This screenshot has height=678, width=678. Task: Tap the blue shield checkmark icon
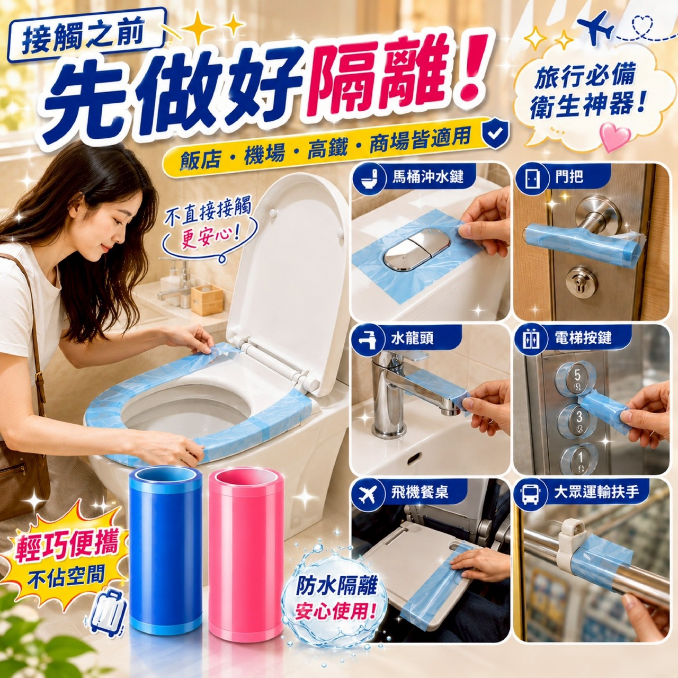click(x=495, y=133)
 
